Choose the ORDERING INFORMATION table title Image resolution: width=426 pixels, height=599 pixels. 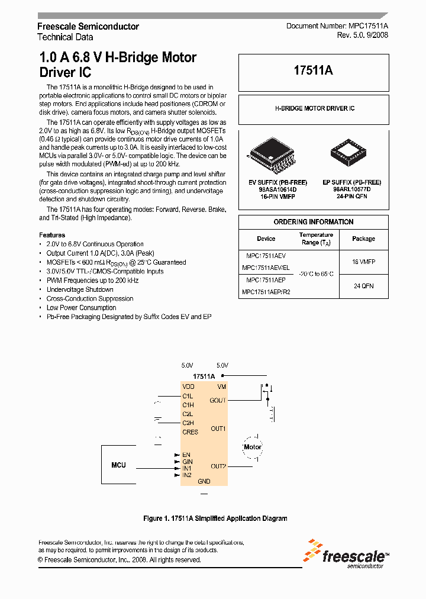tap(314, 222)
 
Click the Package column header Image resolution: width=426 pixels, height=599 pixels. tap(363, 239)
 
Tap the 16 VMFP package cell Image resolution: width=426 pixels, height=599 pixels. tap(363, 261)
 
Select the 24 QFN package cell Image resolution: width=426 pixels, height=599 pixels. tap(363, 286)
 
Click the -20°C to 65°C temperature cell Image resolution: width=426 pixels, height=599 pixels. tap(316, 274)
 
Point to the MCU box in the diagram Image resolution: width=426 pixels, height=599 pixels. tap(118, 465)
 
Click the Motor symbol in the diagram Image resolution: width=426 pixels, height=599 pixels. tap(253, 447)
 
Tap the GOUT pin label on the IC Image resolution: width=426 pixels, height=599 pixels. tap(218, 401)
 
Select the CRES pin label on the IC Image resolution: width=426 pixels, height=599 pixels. tap(190, 432)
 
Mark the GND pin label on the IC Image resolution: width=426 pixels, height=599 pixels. tap(204, 482)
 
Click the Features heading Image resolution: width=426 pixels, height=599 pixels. tap(52, 235)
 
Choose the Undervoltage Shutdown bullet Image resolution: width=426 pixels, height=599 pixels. tap(80, 289)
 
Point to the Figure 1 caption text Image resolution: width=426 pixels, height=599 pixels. tap(215, 519)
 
